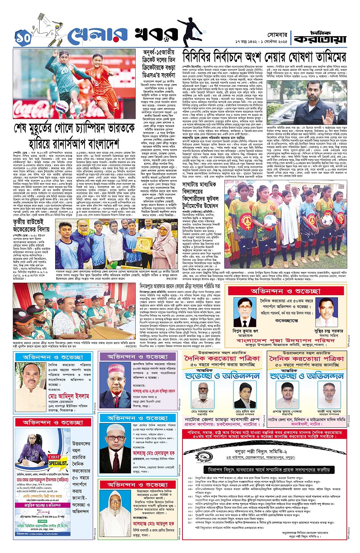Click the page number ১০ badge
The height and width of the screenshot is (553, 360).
point(23,37)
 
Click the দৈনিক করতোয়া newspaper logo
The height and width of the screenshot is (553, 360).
point(320,37)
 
